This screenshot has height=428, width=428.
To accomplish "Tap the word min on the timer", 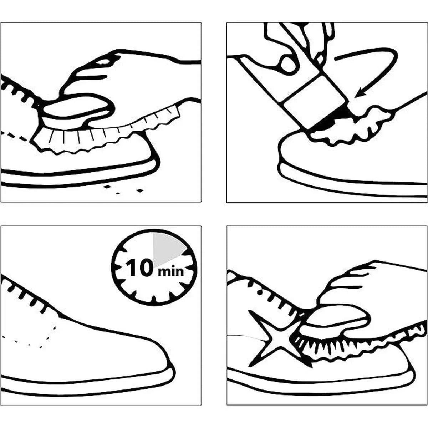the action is pos(170,271).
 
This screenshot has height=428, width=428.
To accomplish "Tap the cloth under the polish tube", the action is pos(351,128).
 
